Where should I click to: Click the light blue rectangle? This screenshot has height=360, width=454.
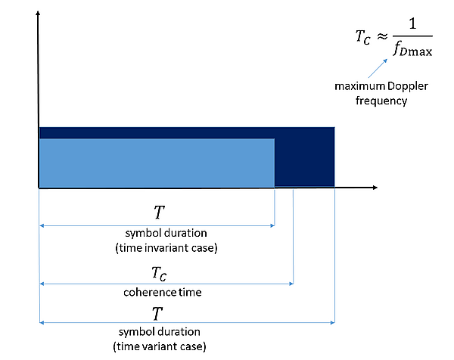[x=156, y=162]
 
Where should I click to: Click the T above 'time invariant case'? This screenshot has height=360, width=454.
[x=156, y=210]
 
